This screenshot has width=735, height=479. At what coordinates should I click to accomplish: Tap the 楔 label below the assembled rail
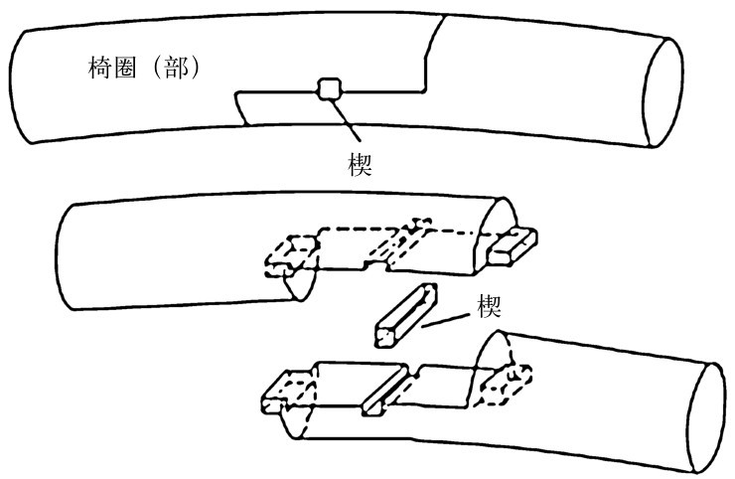click(x=360, y=163)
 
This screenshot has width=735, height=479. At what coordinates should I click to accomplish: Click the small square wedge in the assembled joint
click(x=327, y=89)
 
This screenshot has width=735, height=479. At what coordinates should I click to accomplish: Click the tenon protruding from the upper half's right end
click(x=514, y=246)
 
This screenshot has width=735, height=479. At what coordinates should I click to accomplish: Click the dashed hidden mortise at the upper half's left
click(x=287, y=252)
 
